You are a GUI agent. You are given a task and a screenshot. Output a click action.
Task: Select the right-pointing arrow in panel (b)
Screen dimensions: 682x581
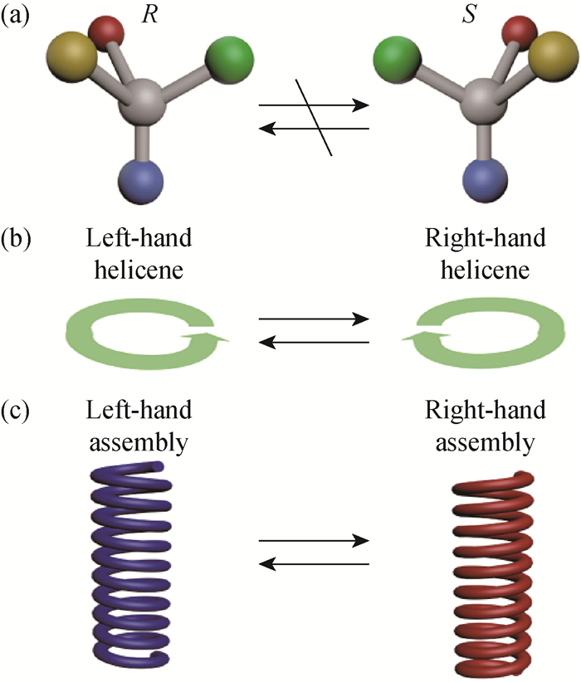click(314, 318)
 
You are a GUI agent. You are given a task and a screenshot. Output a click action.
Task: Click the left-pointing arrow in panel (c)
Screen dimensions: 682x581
click(314, 563)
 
